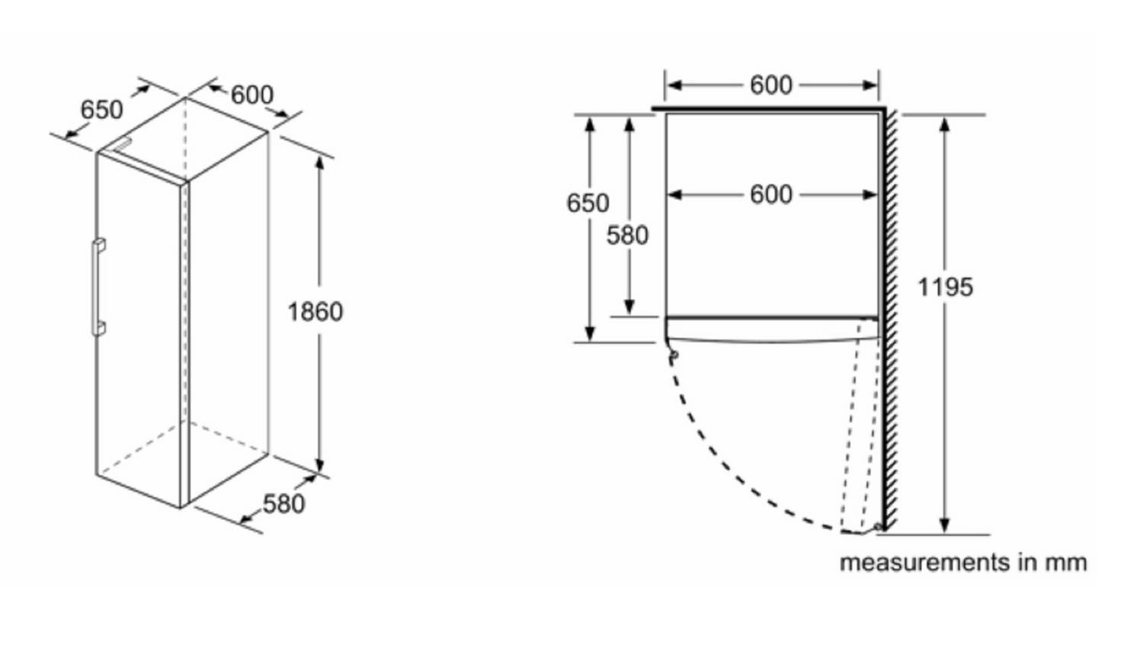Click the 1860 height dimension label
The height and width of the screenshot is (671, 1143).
click(315, 312)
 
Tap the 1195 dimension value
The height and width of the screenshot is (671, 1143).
click(945, 287)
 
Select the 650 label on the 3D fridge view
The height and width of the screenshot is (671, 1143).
click(101, 110)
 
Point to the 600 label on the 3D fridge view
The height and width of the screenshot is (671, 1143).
click(252, 95)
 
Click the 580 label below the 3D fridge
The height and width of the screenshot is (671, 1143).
click(283, 504)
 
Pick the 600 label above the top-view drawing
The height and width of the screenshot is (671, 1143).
click(771, 85)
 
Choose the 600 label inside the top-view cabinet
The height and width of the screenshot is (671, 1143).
click(771, 194)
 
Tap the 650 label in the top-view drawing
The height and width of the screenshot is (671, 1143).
click(588, 204)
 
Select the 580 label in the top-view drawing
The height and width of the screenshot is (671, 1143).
click(627, 236)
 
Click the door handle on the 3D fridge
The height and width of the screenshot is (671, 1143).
click(98, 287)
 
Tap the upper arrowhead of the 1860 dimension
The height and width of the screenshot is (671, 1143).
click(320, 162)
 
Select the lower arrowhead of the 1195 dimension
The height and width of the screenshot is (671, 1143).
click(945, 525)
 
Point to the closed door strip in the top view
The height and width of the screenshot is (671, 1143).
click(771, 329)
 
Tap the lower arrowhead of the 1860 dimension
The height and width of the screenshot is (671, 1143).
click(320, 466)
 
